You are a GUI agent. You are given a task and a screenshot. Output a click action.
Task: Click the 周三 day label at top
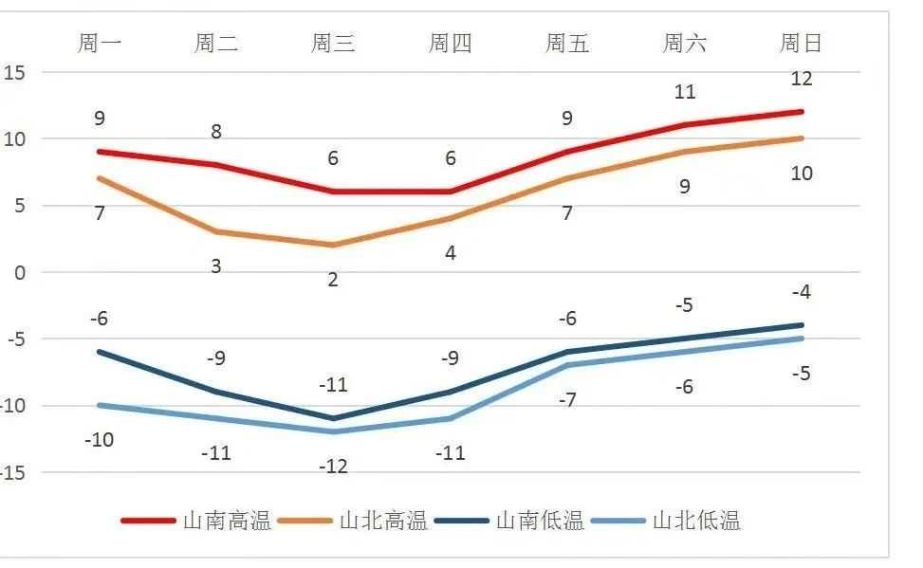[333, 43]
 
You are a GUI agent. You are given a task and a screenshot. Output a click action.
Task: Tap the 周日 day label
[801, 43]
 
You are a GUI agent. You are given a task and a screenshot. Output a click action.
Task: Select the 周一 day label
[99, 43]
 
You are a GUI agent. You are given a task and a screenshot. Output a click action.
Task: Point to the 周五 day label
[567, 43]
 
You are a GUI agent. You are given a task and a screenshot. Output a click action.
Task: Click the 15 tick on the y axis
[15, 73]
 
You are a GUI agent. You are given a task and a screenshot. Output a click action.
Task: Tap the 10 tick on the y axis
[15, 139]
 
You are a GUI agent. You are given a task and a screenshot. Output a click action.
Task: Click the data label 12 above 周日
[802, 79]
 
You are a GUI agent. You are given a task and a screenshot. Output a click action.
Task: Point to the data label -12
[333, 467]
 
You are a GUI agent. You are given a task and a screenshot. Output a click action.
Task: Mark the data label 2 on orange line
[333, 280]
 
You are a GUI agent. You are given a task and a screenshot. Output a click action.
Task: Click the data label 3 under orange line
[216, 266]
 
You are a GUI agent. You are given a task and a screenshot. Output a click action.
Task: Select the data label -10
[99, 440]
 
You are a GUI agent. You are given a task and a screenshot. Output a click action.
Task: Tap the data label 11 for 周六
[684, 92]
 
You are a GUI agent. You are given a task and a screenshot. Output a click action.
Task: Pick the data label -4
[802, 292]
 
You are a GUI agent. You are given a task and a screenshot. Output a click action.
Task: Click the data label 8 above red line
[216, 132]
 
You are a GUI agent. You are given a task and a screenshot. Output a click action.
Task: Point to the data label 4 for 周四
[451, 253]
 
